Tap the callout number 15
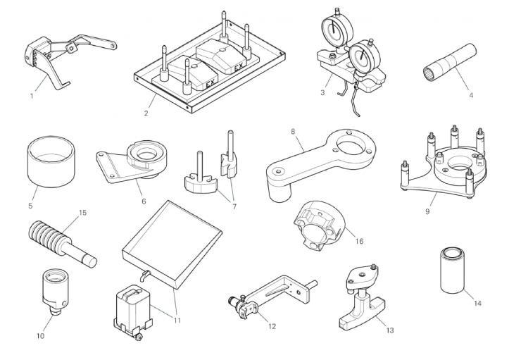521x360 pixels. (x=82, y=211)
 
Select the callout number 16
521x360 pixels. (x=359, y=241)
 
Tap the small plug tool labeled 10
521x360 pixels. (x=54, y=285)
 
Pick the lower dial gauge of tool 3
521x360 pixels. (x=364, y=58)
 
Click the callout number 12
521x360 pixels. (x=272, y=325)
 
